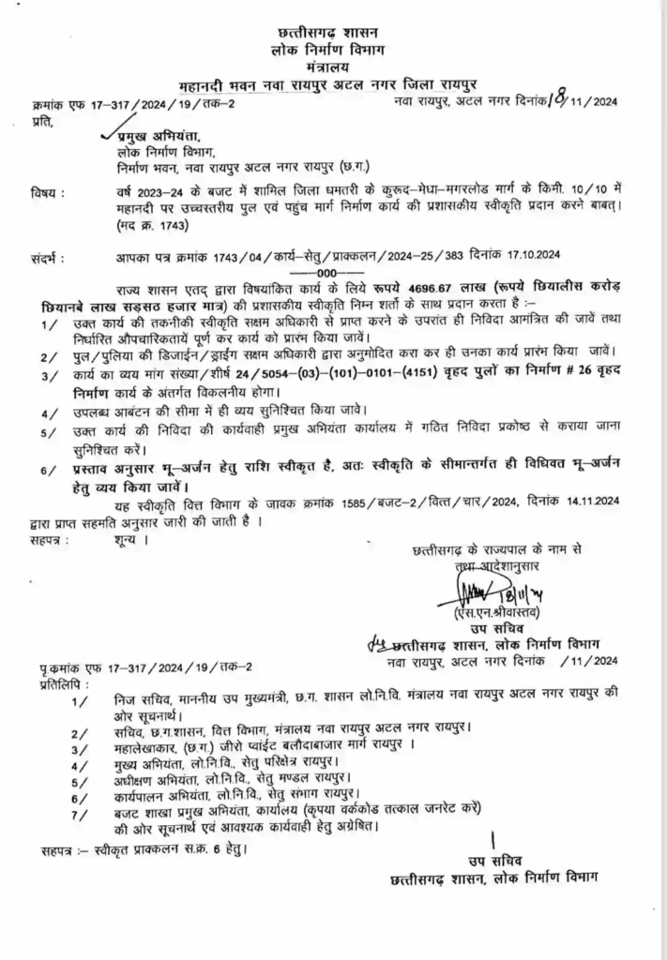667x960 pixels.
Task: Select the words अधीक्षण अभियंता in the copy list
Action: (x=137, y=778)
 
